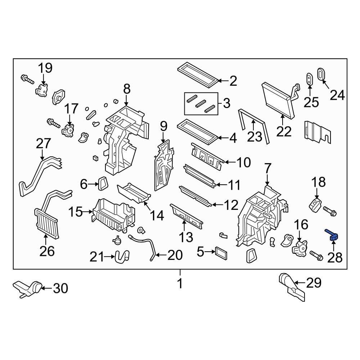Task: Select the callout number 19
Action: (45, 68)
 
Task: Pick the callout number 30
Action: (60, 288)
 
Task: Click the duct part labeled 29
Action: (292, 287)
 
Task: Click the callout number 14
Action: (157, 215)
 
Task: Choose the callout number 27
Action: (44, 144)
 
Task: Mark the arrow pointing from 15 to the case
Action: (88, 212)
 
